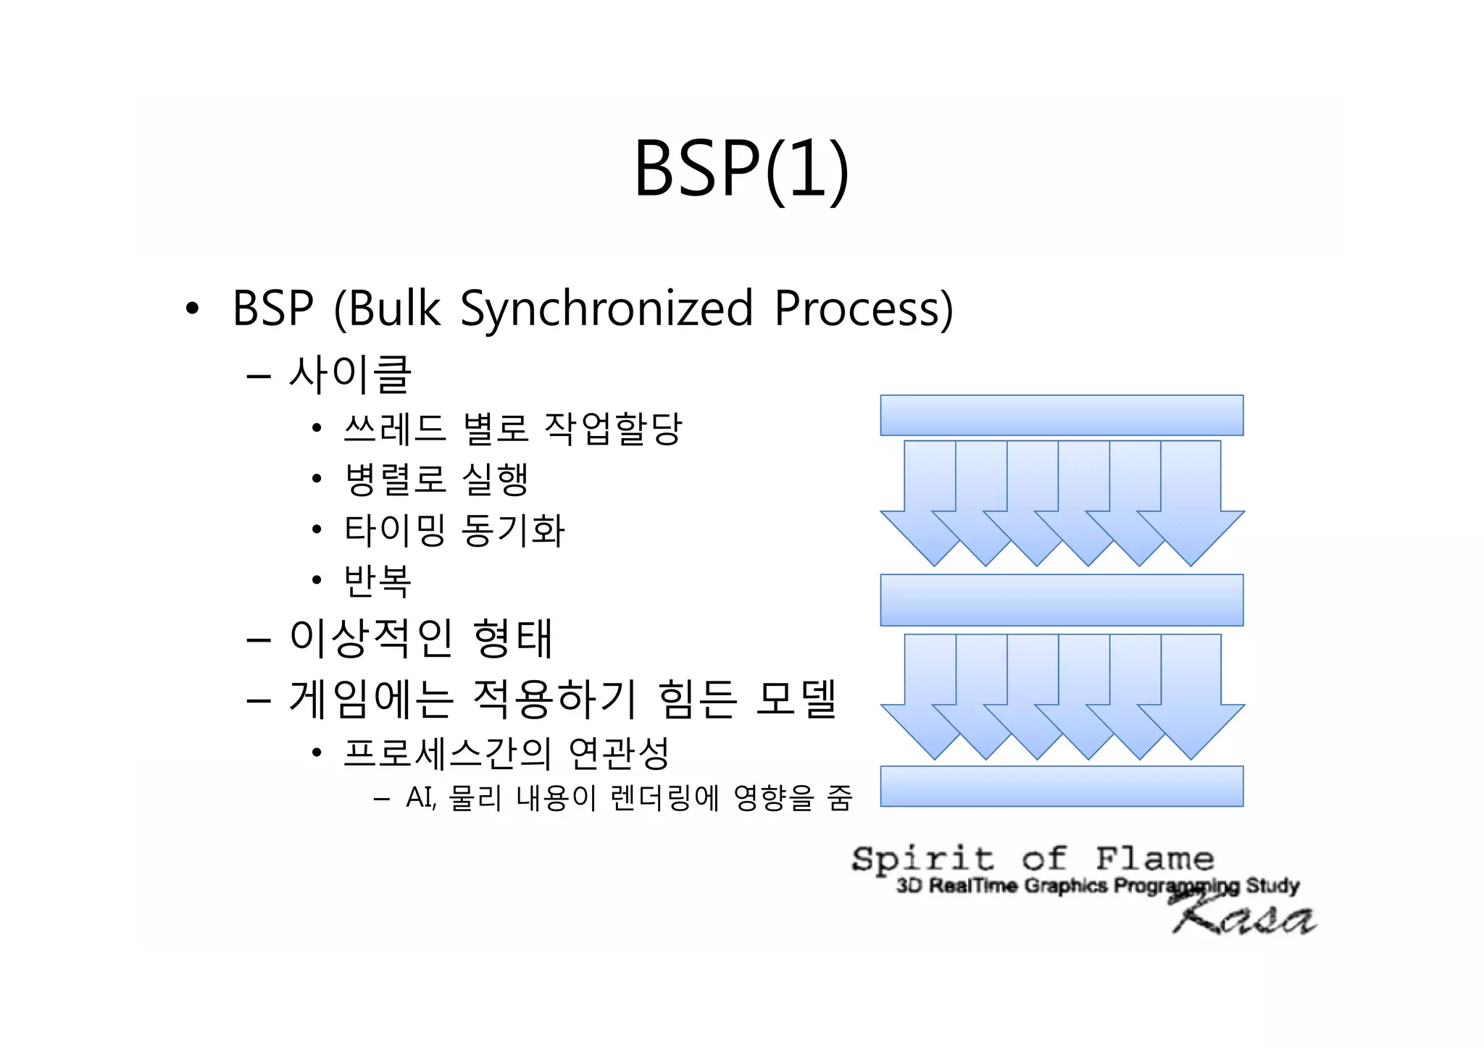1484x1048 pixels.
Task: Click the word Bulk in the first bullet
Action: coord(395,309)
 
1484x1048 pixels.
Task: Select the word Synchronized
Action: coord(606,309)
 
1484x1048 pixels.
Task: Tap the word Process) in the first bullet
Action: coord(863,309)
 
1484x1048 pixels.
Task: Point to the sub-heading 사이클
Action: coord(350,374)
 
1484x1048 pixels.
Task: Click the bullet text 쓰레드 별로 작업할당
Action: coord(512,428)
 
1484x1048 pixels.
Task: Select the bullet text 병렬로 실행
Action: coord(436,479)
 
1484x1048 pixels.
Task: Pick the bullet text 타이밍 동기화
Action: coord(454,529)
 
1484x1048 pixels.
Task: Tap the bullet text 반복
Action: coord(378,580)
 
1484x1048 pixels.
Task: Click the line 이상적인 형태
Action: coord(421,638)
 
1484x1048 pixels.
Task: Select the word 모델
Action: coord(796,699)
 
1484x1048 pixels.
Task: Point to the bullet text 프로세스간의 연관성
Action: coord(506,753)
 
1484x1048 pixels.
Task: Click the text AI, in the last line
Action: coord(421,798)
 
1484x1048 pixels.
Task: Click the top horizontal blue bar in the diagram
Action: coord(1062,415)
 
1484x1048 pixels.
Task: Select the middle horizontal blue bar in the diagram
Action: coord(1062,600)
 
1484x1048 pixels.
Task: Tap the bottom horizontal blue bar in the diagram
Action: coord(1062,786)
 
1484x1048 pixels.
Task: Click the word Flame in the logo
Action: coord(1154,859)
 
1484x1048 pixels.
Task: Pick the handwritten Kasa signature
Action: coord(1244,916)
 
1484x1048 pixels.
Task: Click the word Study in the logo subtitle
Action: coord(1272,886)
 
